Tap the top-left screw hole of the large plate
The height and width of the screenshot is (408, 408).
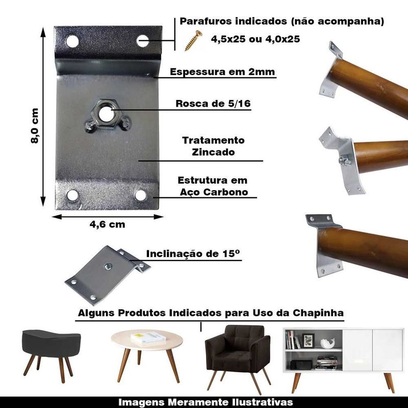click(x=72, y=41)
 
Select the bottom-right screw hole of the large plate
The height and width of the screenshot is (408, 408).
click(x=141, y=195)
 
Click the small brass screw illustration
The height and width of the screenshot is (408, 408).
click(x=193, y=40)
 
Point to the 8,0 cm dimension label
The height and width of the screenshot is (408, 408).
click(x=35, y=125)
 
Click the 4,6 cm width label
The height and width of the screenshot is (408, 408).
click(x=107, y=224)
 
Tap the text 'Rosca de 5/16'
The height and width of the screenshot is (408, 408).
click(x=213, y=104)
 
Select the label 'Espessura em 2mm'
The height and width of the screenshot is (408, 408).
click(x=222, y=72)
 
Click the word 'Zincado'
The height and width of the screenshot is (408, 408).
click(x=213, y=152)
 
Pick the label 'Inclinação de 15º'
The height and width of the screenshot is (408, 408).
click(x=193, y=253)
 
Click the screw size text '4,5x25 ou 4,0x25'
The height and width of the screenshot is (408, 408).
click(x=256, y=39)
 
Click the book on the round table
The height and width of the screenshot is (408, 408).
click(x=148, y=338)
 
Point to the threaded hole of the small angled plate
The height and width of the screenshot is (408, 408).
click(x=108, y=266)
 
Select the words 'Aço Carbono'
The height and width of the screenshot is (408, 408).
click(x=214, y=192)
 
